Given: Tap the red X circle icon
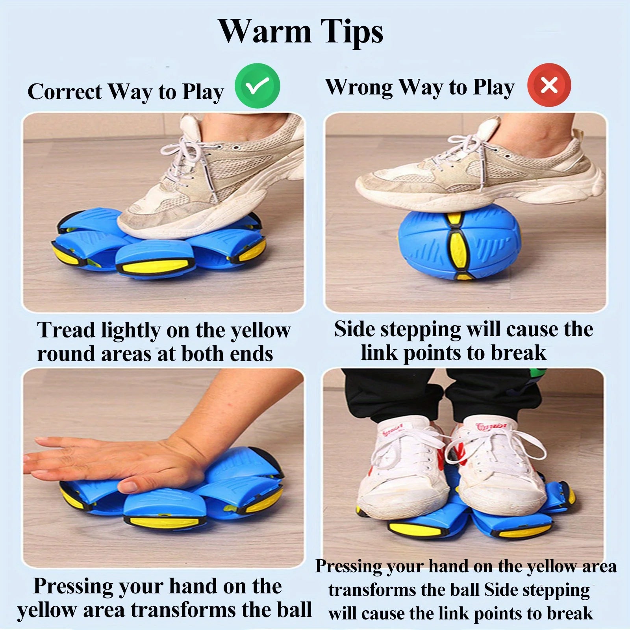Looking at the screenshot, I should tap(549, 85).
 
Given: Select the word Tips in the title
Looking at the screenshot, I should tap(351, 32).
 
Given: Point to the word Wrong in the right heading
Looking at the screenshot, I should tap(358, 87).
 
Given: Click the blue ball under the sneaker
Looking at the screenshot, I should tap(459, 244).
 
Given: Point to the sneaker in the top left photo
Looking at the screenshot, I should tap(220, 181).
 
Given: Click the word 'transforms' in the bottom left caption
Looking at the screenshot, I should tap(183, 610).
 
